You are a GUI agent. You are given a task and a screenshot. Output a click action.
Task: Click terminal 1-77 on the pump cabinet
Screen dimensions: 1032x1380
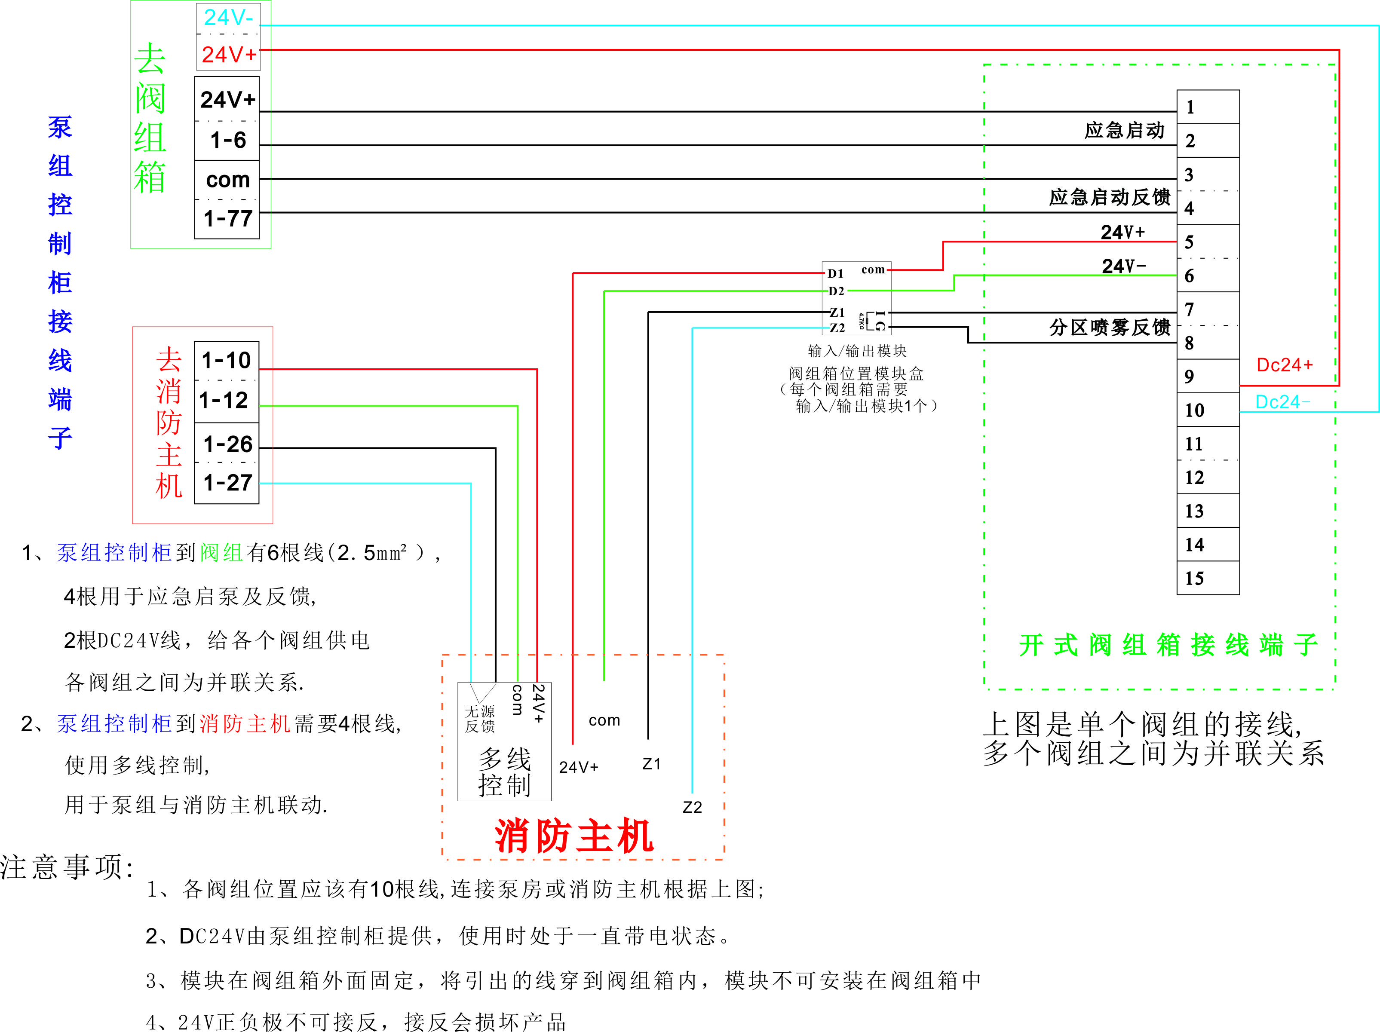[228, 218]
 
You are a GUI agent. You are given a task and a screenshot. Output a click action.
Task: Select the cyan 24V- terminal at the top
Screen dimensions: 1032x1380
[228, 18]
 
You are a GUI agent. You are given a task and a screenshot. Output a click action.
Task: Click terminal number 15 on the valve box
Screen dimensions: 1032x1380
[1194, 578]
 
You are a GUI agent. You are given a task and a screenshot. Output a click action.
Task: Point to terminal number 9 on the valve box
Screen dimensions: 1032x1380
[1189, 376]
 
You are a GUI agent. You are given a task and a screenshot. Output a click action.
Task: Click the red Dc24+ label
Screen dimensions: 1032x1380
[1284, 365]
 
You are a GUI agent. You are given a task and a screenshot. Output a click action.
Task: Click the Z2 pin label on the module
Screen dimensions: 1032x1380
[837, 328]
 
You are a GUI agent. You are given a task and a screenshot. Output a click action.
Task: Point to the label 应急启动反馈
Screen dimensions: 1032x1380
[1109, 197]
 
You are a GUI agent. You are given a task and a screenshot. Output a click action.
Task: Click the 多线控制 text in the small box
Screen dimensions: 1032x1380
[504, 772]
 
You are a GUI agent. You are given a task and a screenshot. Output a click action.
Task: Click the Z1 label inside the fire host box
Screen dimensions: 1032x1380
[651, 764]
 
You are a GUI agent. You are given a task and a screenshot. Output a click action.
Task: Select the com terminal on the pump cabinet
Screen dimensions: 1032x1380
[228, 180]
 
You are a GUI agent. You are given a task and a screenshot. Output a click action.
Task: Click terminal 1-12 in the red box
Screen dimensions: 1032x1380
[224, 400]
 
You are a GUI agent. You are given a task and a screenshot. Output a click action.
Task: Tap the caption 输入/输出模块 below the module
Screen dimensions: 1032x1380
[856, 351]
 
